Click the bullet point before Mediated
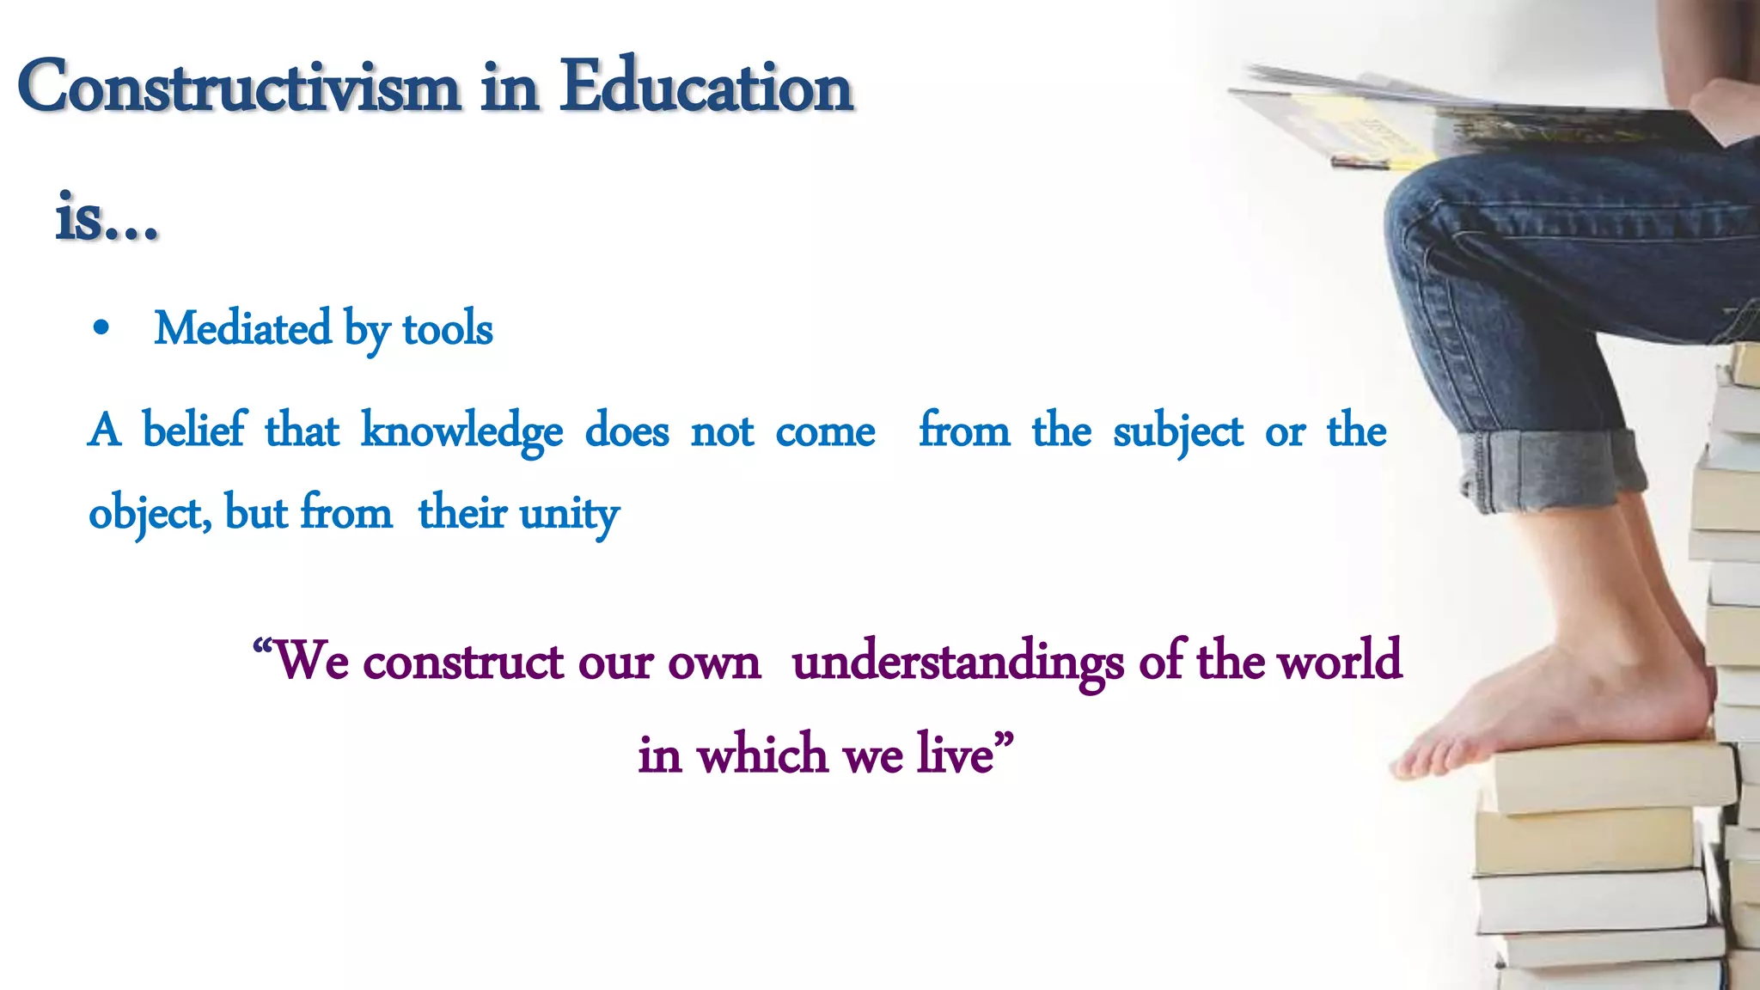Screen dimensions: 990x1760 tap(101, 329)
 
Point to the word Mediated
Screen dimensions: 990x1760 tap(242, 329)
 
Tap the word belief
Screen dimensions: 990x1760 tap(193, 430)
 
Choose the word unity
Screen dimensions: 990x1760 tap(569, 514)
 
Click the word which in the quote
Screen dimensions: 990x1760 tap(762, 755)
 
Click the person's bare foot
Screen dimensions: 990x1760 tap(1547, 705)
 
